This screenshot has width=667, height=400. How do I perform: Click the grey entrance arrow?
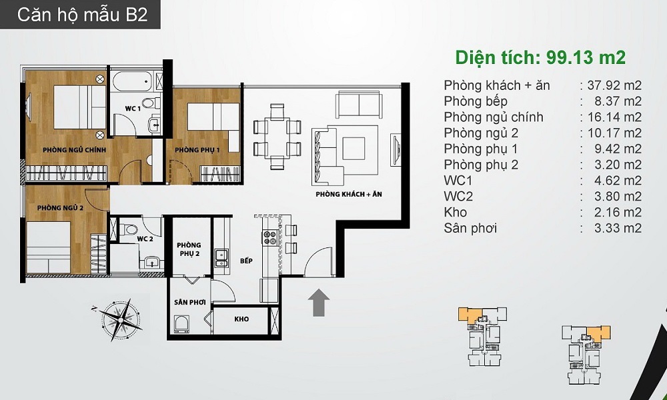319,303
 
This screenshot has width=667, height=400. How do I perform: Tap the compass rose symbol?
119,319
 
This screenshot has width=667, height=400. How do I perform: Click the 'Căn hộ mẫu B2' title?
83,15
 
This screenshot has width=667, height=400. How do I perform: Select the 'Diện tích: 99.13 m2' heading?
540,57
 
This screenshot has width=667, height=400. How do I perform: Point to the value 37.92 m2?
614,85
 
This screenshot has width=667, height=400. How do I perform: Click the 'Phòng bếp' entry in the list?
476,101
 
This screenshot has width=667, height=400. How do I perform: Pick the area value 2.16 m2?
618,212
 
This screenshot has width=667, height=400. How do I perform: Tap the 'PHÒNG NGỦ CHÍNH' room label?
75,150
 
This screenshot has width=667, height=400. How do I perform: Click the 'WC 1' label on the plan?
133,109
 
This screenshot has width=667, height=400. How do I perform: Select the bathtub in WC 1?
132,81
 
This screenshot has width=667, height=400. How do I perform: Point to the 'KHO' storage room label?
241,319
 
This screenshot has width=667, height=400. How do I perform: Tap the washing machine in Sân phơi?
181,324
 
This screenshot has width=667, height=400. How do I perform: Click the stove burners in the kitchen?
270,237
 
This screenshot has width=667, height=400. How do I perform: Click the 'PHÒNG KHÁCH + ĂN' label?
349,194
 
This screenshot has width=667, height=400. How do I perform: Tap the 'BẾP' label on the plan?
246,261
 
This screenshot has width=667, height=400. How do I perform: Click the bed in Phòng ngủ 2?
48,247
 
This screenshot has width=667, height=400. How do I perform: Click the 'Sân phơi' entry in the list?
470,228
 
